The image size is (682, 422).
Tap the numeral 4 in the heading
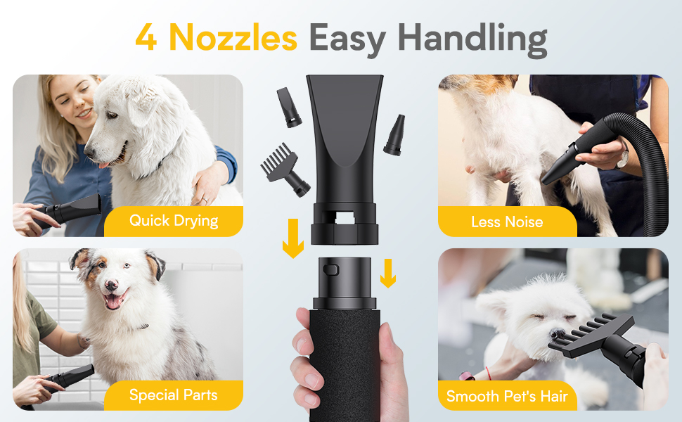(146, 39)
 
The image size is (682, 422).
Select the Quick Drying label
(174, 221)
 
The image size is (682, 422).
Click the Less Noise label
(507, 222)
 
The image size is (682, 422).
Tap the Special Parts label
(174, 395)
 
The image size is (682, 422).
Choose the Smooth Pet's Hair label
(507, 396)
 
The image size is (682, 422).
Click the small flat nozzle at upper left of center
(288, 107)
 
